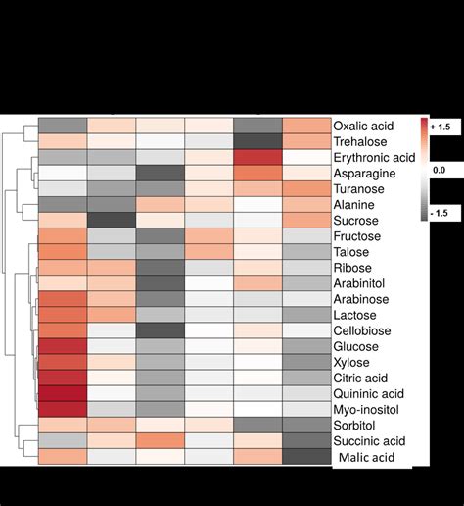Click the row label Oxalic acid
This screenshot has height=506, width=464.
361,126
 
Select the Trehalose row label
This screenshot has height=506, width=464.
361,141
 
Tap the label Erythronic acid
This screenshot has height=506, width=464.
375,157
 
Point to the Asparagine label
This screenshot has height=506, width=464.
364,173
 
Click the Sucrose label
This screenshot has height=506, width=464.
357,220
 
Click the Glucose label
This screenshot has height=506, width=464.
357,346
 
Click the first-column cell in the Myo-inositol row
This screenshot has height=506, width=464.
63,409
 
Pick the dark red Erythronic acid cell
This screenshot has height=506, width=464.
258,157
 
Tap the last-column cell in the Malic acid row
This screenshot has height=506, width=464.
306,457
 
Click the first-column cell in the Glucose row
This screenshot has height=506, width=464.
63,346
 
